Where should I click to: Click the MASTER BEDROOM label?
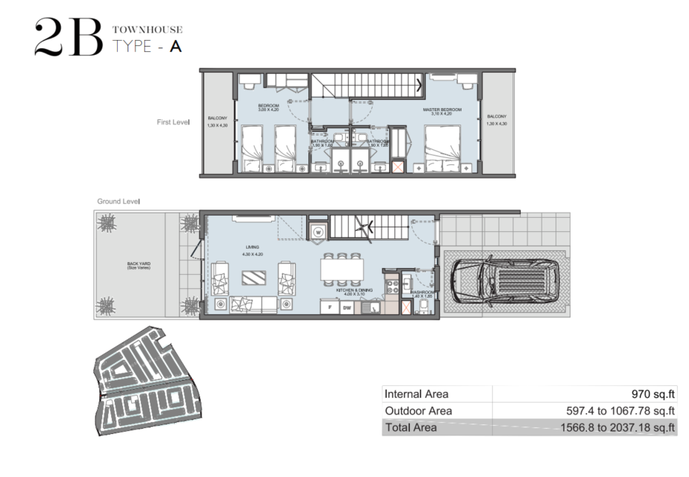(x=442, y=110)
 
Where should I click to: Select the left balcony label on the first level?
(x=217, y=118)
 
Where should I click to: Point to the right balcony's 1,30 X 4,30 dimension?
(x=497, y=124)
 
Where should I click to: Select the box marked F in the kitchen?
(x=329, y=307)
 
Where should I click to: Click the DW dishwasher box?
(x=347, y=307)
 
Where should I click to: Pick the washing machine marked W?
(x=318, y=230)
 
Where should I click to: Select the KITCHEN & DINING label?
(x=352, y=290)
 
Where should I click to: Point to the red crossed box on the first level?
(x=397, y=167)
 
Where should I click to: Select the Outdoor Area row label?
(x=419, y=410)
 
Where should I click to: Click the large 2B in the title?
(x=68, y=39)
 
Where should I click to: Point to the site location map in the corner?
(x=147, y=390)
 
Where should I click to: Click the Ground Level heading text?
(x=119, y=201)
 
